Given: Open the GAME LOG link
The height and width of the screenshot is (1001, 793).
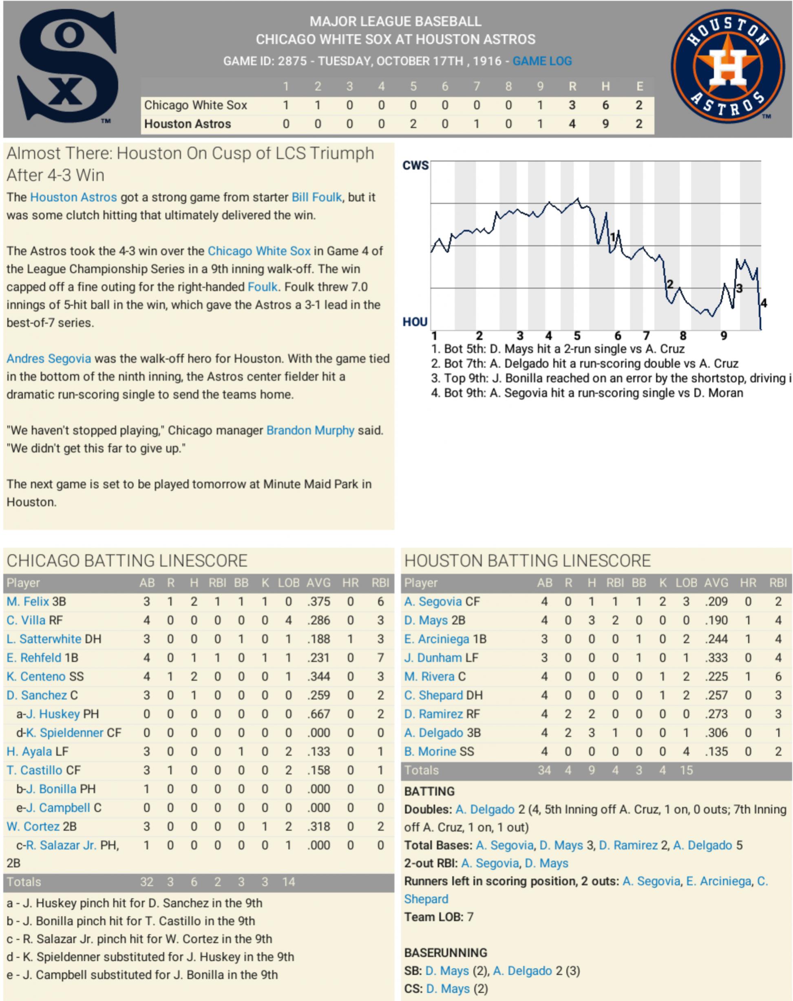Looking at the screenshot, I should (x=542, y=61).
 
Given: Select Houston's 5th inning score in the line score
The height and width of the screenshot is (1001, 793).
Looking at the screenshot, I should (x=413, y=124).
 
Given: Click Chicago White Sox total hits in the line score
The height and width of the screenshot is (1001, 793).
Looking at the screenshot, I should (x=605, y=105).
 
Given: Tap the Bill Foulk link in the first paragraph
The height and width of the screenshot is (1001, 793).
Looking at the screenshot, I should (x=317, y=197).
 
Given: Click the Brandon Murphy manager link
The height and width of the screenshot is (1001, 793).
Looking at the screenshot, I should (x=310, y=431).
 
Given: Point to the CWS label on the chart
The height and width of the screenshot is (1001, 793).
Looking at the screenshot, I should (x=415, y=166).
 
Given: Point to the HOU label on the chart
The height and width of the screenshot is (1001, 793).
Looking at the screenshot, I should (x=415, y=322).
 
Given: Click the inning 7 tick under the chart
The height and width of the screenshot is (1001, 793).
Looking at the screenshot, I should (x=646, y=335).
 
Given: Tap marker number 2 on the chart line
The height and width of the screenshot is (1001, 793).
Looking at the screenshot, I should (x=669, y=284).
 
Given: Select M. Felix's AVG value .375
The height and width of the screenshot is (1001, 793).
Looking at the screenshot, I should (x=318, y=602).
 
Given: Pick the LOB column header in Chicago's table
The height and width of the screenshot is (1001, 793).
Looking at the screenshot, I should (x=288, y=583).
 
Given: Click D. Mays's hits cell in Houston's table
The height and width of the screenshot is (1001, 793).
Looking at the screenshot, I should (x=592, y=620).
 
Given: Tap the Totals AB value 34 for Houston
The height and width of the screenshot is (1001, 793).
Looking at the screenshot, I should (x=544, y=770).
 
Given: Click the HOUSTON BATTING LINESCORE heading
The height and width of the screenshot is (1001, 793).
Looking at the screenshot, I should (x=527, y=561).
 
